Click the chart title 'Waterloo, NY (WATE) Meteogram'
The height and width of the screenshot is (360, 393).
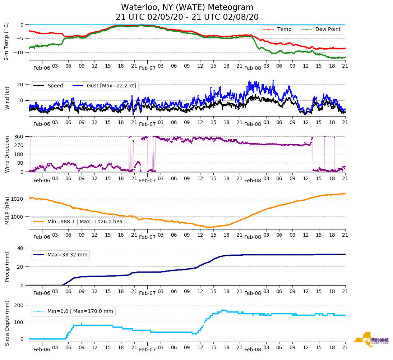(187, 7)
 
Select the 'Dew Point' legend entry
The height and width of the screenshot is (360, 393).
(328, 29)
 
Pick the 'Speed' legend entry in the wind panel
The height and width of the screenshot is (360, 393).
(55, 86)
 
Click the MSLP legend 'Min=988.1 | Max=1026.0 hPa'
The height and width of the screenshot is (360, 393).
(85, 222)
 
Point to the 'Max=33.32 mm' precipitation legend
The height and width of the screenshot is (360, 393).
(67, 255)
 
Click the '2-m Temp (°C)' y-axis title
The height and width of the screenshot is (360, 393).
(6, 41)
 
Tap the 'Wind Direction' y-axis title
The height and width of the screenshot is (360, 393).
(7, 154)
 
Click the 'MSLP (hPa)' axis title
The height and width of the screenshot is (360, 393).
(7, 210)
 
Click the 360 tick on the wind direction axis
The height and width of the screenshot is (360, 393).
(19, 137)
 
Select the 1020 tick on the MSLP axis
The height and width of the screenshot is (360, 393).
(18, 199)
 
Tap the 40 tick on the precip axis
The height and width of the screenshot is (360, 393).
(20, 248)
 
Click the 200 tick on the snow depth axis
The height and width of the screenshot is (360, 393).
(19, 305)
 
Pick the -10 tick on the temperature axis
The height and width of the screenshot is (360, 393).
(19, 52)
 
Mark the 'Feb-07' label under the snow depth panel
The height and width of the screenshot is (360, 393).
(147, 349)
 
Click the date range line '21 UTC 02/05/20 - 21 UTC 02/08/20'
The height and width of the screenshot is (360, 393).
(187, 17)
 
